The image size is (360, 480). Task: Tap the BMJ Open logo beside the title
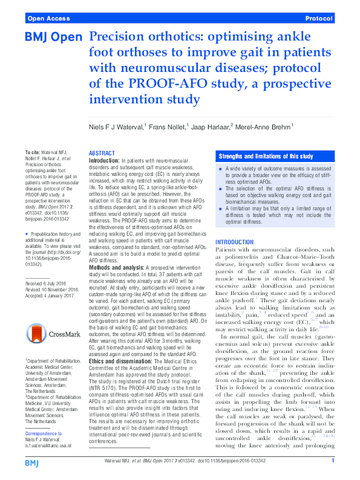[53, 38]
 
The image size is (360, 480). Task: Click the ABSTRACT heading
[102, 154]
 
